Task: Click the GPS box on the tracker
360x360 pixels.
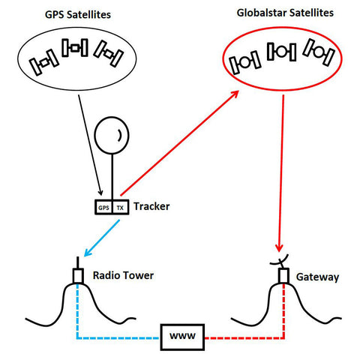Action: [103, 207]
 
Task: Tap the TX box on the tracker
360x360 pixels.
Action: [120, 207]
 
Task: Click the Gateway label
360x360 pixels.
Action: [318, 277]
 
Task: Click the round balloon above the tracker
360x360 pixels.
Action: [112, 136]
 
